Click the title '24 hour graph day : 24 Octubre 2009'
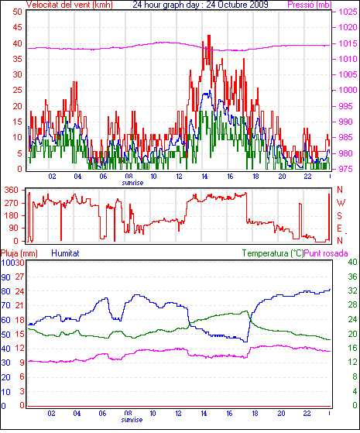pos(201,5)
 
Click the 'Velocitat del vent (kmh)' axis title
pos(70,5)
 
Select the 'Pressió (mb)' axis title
pos(310,5)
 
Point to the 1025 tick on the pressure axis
pos(348,12)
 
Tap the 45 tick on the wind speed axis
pos(17,27)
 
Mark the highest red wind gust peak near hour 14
pos(209,36)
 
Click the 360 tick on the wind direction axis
pos(12,191)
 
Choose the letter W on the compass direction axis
pos(341,203)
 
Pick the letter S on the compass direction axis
pos(340,215)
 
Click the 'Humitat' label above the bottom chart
pos(65,253)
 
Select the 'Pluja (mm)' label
pos(19,253)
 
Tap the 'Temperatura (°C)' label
pos(273,253)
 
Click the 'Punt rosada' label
pos(326,253)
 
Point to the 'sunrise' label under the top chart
pos(133,183)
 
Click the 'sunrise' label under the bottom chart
pos(132,420)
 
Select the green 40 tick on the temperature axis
pos(352,262)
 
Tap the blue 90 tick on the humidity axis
pos(5,277)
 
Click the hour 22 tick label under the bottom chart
pos(307,414)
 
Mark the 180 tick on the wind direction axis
pos(12,215)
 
